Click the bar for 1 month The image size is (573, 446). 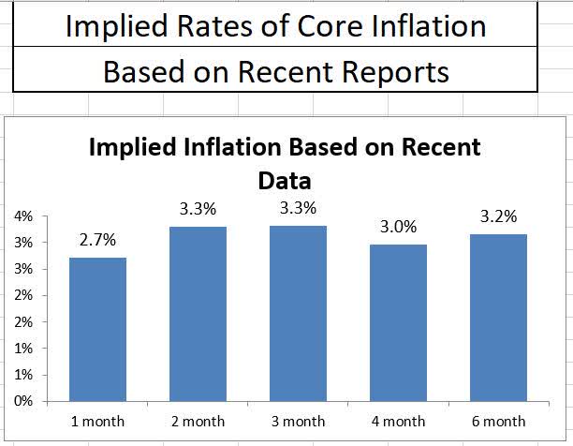97,329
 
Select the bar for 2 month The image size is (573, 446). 198,313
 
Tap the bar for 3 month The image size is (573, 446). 298,313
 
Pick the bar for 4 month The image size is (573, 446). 398,322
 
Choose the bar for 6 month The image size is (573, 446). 498,318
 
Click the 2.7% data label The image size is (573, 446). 97,240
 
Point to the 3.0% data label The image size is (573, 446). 398,227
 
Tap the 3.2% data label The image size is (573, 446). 498,216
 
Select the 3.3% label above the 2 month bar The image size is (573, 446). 198,209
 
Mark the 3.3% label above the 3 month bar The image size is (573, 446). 298,208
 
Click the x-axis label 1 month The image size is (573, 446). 97,422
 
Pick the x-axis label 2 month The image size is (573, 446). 198,422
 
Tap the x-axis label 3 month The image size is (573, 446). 298,422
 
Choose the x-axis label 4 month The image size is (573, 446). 398,422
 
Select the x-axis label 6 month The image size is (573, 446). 498,422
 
